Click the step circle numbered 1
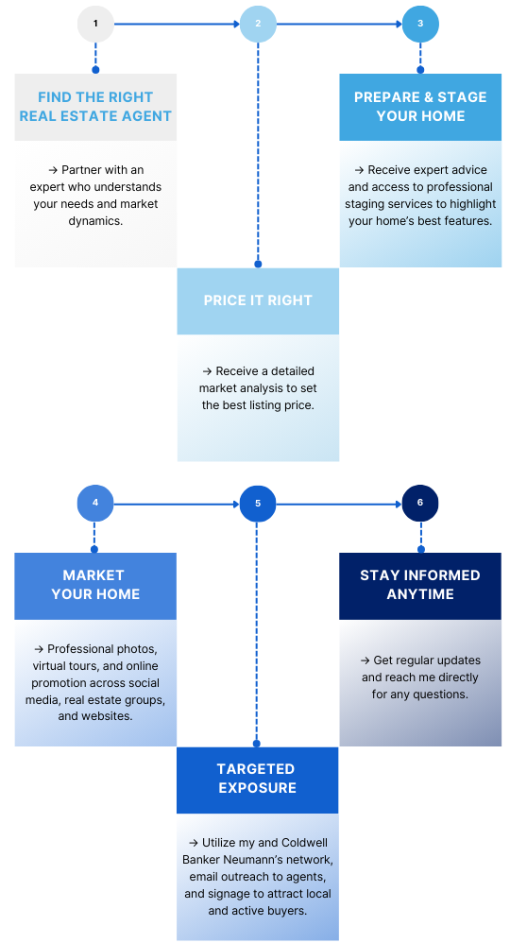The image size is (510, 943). (x=95, y=24)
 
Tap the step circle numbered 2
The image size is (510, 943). (x=258, y=24)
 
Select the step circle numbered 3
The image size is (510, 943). (x=420, y=24)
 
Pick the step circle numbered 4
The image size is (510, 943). (x=95, y=504)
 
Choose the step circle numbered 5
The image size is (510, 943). (x=258, y=504)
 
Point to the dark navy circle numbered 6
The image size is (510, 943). (x=419, y=504)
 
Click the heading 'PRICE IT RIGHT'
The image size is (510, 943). (x=258, y=300)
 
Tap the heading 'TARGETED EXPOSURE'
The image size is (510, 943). (x=258, y=779)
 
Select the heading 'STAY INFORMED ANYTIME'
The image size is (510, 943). (x=420, y=585)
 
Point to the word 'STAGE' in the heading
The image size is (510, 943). (x=462, y=97)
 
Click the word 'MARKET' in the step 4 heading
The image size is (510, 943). (x=93, y=575)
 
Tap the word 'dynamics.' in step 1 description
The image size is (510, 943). (x=95, y=221)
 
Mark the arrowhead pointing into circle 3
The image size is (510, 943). (x=399, y=24)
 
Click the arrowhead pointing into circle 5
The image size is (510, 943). (x=236, y=504)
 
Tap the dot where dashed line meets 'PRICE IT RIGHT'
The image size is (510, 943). (x=258, y=264)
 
